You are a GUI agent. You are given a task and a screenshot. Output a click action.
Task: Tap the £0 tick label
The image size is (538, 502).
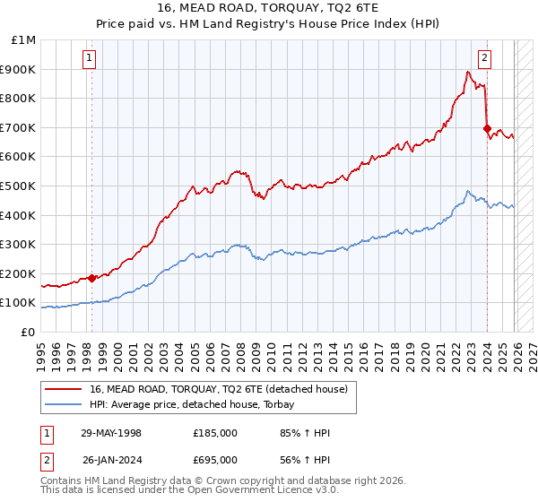(x=28, y=332)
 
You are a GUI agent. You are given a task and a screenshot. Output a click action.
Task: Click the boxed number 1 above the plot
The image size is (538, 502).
(x=91, y=59)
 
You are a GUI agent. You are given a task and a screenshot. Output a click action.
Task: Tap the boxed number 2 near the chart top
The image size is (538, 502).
(x=484, y=59)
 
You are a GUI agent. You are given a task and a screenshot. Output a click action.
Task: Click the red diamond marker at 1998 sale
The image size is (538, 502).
(x=91, y=278)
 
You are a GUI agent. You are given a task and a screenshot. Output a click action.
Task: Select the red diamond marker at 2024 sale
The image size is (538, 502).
(x=487, y=129)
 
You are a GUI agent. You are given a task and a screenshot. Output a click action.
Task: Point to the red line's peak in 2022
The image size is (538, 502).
(x=468, y=73)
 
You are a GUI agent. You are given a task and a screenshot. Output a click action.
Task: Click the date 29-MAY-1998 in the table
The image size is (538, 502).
(x=111, y=433)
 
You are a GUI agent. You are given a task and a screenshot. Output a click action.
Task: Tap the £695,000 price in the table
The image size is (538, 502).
(x=215, y=460)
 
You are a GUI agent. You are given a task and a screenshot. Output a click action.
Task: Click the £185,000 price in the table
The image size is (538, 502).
(x=215, y=433)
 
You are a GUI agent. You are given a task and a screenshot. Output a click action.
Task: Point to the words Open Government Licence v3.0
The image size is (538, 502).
(x=269, y=491)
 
